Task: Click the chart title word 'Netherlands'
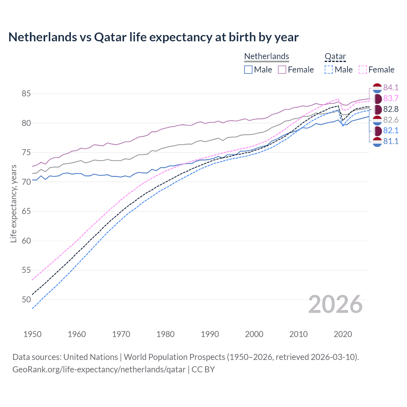click(x=43, y=37)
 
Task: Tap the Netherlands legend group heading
click(x=266, y=56)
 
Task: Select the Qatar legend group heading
click(x=335, y=56)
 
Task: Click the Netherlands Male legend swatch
click(x=248, y=70)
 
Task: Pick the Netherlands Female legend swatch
click(x=282, y=70)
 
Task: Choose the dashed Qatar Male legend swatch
click(x=329, y=70)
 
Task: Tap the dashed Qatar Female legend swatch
click(x=362, y=70)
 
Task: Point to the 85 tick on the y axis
click(x=26, y=94)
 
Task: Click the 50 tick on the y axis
click(x=26, y=300)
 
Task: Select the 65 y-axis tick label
click(x=26, y=211)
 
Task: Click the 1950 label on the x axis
click(x=32, y=334)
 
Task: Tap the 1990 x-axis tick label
click(x=210, y=334)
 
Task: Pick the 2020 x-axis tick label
click(x=343, y=334)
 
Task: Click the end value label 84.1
click(x=391, y=87)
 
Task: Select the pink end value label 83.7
click(x=391, y=98)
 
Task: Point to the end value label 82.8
click(x=391, y=109)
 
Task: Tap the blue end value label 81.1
click(x=391, y=141)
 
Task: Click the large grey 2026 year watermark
click(x=335, y=304)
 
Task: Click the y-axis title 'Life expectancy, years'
click(x=13, y=203)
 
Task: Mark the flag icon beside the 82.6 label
click(x=377, y=120)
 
